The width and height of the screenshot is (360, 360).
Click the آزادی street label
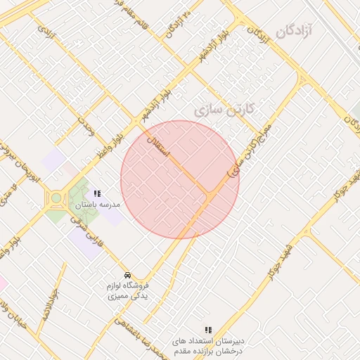click(x=46, y=32)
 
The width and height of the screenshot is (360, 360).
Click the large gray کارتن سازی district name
click(x=222, y=110)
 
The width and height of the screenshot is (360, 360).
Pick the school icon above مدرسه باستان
click(x=98, y=193)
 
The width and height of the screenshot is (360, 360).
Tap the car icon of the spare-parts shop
click(x=127, y=274)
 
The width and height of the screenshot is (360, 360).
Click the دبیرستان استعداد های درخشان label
click(x=209, y=345)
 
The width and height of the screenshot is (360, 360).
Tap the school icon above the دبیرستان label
click(x=207, y=329)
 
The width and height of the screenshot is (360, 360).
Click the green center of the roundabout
click(x=56, y=198)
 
